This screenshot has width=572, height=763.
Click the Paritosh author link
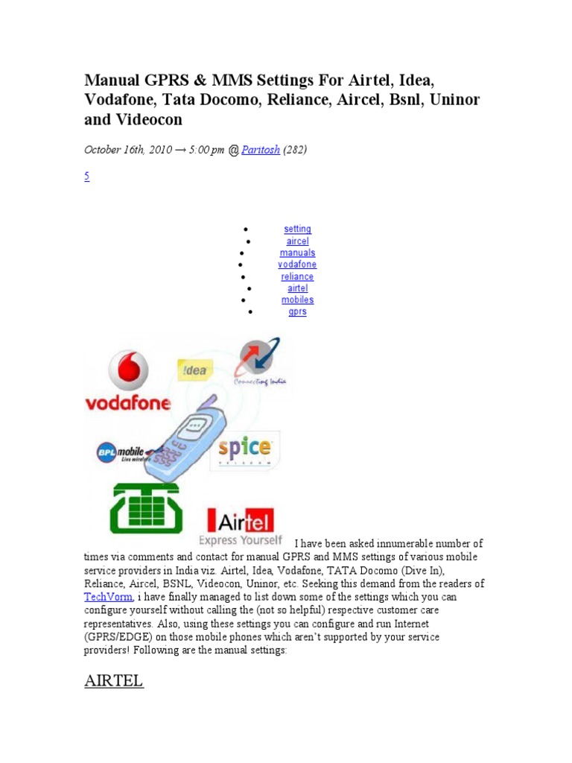coord(261,150)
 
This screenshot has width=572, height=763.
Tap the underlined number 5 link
coord(86,177)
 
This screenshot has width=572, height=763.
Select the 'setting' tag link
coord(297,229)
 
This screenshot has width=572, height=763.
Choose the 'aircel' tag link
coord(297,241)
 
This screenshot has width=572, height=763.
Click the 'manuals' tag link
coord(297,253)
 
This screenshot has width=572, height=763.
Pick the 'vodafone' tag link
coord(297,265)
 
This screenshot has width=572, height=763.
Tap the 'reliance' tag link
coord(297,276)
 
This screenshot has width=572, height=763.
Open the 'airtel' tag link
coord(297,288)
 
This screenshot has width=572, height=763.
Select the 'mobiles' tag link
coord(297,300)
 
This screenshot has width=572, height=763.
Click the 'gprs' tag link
coord(297,311)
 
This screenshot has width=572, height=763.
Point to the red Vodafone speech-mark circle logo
coord(128,370)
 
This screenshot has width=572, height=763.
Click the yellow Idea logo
coord(194,370)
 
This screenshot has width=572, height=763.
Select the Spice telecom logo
coord(244,449)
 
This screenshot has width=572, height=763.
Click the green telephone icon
coord(145,508)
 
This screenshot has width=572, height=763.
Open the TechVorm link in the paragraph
coord(109,597)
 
